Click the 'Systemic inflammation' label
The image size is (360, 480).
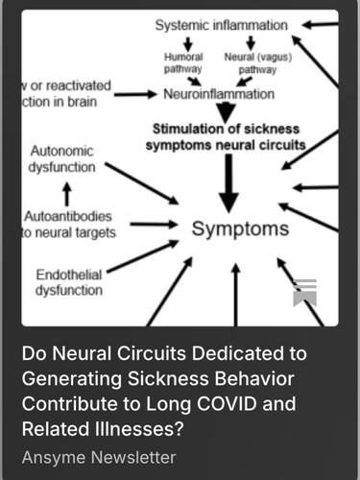(x=221, y=25)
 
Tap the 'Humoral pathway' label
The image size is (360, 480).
(x=183, y=63)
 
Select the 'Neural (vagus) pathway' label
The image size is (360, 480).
(x=258, y=63)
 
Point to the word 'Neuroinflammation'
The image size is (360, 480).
(x=219, y=94)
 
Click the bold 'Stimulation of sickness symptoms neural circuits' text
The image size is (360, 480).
(x=226, y=137)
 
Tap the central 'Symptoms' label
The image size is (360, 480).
(x=240, y=228)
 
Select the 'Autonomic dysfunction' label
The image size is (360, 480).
(x=61, y=159)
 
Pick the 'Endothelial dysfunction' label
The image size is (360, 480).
(x=69, y=282)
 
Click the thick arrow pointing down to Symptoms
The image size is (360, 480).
(x=228, y=183)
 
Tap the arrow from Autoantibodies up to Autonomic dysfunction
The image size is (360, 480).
(x=67, y=194)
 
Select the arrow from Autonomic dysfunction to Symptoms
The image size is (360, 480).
(x=142, y=183)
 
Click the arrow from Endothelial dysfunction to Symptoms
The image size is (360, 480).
(x=143, y=256)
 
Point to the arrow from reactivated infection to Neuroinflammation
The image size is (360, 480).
(x=135, y=94)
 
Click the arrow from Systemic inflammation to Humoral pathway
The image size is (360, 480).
(x=188, y=43)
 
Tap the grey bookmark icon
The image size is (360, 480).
(x=305, y=293)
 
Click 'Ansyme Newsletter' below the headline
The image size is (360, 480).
(x=99, y=457)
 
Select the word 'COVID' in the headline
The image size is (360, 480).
(x=227, y=404)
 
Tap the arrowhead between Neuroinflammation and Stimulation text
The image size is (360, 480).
(x=226, y=112)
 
